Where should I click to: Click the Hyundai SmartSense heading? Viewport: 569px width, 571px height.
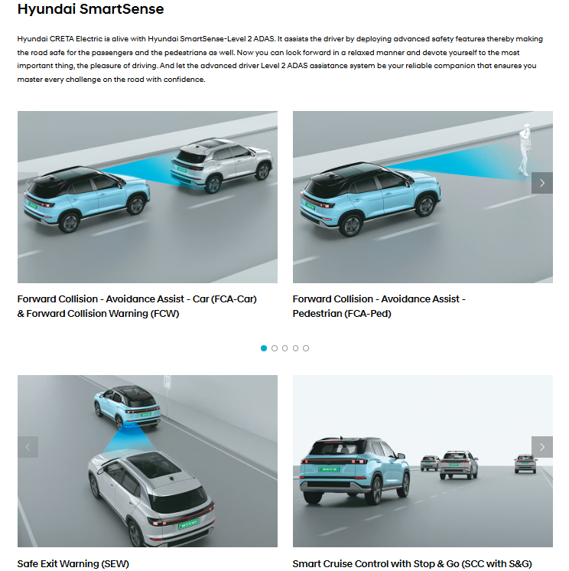coord(90,9)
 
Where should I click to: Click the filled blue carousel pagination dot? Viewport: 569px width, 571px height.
coord(264,348)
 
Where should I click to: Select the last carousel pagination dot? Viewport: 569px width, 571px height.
coord(306,348)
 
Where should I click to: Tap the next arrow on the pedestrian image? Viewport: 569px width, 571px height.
coord(542,183)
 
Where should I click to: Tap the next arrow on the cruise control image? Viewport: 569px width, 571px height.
coord(542,447)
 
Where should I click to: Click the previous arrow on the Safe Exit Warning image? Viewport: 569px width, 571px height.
coord(28,447)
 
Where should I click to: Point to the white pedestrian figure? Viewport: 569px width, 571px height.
coord(525,150)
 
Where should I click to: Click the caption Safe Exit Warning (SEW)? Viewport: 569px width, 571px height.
coord(73,563)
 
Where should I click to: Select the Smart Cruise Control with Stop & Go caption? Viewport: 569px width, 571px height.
coord(412,563)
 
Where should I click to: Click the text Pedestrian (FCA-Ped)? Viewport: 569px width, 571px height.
coord(342,314)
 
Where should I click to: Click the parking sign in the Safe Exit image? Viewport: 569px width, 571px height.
coord(167,382)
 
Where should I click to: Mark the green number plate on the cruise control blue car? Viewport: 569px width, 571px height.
coord(329,469)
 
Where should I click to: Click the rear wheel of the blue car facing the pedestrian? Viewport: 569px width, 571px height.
coord(351,226)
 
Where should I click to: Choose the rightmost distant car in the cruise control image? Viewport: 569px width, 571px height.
coord(525,464)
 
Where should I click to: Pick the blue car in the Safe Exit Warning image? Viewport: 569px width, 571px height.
coord(127,406)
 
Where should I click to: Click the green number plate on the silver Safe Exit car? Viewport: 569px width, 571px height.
coord(188,524)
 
